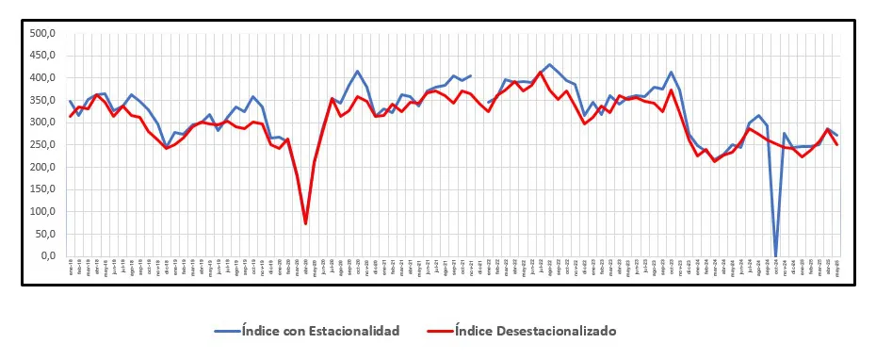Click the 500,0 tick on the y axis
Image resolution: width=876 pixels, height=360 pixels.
(x=43, y=33)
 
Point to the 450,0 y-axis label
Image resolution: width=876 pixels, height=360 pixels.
(x=43, y=56)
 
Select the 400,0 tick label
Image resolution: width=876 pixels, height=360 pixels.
(x=43, y=77)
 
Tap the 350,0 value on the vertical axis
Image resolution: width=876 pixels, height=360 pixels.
(x=43, y=100)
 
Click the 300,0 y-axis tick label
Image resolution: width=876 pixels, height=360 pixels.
(x=43, y=123)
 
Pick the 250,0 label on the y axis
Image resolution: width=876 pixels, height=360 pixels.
(x=43, y=144)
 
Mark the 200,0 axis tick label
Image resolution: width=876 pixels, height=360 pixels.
(x=43, y=167)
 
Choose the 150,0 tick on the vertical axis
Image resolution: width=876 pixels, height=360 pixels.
(x=43, y=189)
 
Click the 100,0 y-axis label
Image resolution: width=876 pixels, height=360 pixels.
(x=43, y=211)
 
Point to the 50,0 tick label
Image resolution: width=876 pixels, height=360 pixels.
(x=45, y=234)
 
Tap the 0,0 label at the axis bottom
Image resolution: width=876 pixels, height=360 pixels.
(x=48, y=256)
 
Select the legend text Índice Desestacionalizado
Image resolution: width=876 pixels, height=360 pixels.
(x=535, y=330)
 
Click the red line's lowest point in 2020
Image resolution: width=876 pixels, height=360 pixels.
(x=306, y=223)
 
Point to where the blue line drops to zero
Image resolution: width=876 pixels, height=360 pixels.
(x=775, y=255)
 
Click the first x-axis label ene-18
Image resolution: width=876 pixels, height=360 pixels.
(x=71, y=267)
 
